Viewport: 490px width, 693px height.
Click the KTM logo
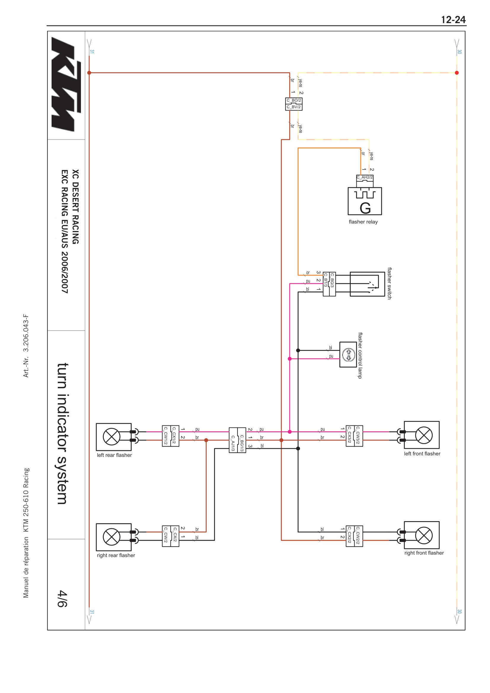(66, 84)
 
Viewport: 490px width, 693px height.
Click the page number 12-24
(454, 20)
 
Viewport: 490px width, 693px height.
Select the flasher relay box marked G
(365, 201)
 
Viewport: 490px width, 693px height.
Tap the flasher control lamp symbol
(348, 354)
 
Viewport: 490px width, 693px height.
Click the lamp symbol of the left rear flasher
(112, 436)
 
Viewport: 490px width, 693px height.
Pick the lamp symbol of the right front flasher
(424, 535)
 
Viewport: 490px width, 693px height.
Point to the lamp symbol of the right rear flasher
(112, 537)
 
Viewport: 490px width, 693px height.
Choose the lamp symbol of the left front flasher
(424, 435)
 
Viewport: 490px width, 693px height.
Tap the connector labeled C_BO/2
(294, 100)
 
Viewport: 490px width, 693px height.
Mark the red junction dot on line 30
(457, 73)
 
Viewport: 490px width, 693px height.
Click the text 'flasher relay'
(363, 222)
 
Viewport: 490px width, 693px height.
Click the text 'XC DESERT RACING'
(76, 207)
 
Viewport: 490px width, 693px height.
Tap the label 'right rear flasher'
(116, 555)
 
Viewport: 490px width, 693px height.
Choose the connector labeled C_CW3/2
(358, 435)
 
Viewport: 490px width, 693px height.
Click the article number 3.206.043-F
(26, 333)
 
